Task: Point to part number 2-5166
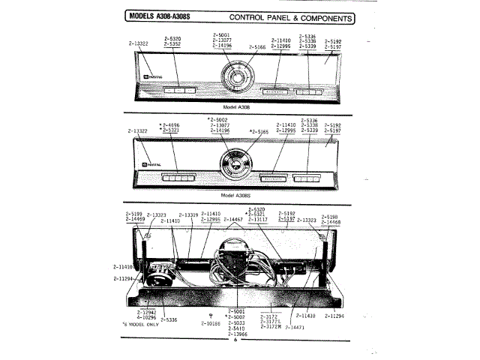pyautogui.click(x=258, y=47)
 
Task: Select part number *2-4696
pyautogui.click(x=170, y=124)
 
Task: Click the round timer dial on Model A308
pyautogui.click(x=235, y=80)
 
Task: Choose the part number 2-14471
pyautogui.click(x=298, y=328)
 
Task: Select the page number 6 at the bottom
pyautogui.click(x=235, y=340)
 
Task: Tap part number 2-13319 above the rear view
pyautogui.click(x=187, y=214)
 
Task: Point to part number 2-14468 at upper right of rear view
pyautogui.click(x=331, y=222)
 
